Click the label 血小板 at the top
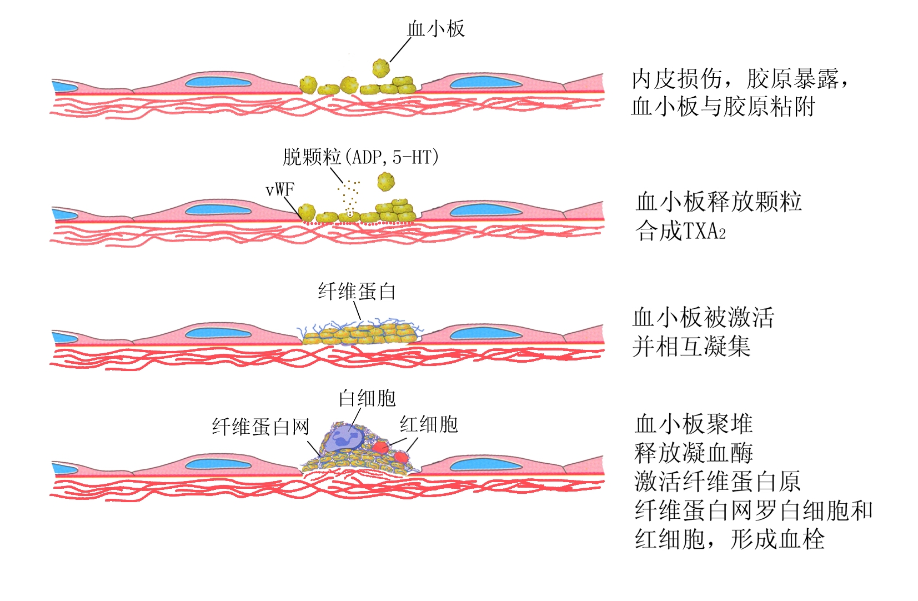[x=435, y=29]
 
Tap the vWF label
[x=279, y=190]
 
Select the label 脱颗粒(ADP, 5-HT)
[x=360, y=157]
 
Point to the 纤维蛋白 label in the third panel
[x=357, y=291]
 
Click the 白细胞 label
[x=367, y=398]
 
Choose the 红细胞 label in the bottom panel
[x=428, y=424]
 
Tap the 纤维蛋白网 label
[x=260, y=427]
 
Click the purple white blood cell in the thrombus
[x=345, y=437]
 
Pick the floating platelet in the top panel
[x=381, y=68]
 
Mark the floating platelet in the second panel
[x=385, y=181]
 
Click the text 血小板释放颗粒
[x=719, y=202]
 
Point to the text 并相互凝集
[x=691, y=347]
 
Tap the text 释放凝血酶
[x=694, y=453]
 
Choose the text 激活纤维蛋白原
[x=717, y=482]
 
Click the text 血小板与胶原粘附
[x=723, y=106]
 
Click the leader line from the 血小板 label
[x=400, y=50]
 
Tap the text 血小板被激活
[x=703, y=318]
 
